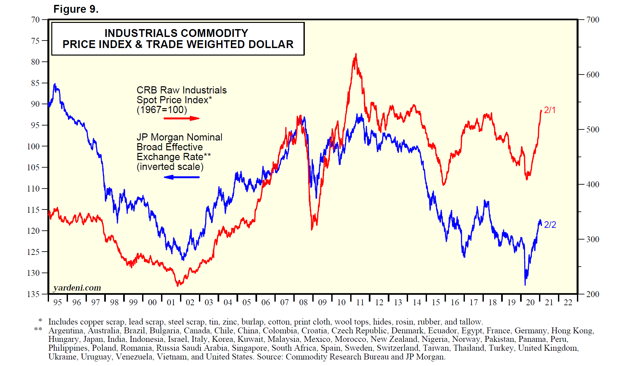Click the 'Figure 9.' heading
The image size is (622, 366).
coord(76,9)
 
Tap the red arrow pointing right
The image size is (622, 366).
coord(181,118)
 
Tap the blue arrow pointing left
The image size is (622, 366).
coord(181,177)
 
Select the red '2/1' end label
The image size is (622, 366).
coord(549,110)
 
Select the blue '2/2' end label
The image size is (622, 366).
coord(550,225)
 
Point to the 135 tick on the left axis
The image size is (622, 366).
coord(33,294)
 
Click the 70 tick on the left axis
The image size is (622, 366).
coord(35,20)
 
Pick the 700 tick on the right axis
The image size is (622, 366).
coord(593,20)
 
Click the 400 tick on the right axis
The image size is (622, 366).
coord(593,184)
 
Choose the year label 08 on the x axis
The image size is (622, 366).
coord(303,303)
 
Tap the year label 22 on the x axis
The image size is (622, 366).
coord(568,303)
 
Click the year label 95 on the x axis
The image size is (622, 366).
coord(57,303)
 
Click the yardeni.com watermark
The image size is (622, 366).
coord(77,288)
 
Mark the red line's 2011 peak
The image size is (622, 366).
coord(356,54)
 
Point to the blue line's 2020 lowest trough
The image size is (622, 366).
coord(525,284)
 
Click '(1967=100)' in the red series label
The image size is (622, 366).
coord(162,110)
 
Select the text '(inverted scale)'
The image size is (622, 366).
coord(170,167)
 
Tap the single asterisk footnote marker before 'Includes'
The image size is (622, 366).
coord(40,321)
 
